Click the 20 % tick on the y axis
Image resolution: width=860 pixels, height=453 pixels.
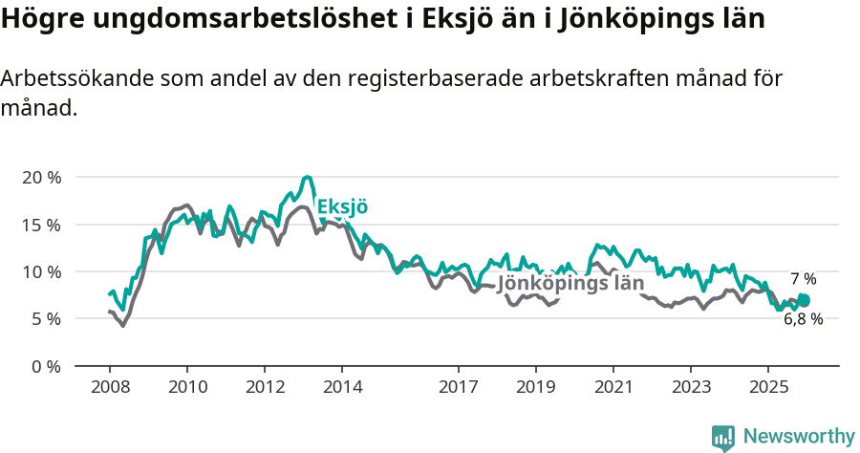[x=40, y=178]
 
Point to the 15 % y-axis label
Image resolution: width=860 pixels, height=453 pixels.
[x=40, y=225]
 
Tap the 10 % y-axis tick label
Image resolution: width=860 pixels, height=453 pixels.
[x=40, y=271]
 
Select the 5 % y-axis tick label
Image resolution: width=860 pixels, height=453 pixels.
[x=45, y=318]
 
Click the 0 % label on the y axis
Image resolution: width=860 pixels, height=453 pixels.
[x=45, y=365]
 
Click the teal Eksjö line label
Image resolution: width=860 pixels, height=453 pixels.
[x=342, y=207]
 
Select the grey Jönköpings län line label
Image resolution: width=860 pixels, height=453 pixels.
[x=570, y=284]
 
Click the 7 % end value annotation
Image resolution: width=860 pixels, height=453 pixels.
[x=803, y=279]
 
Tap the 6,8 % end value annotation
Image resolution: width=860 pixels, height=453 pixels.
[x=803, y=319]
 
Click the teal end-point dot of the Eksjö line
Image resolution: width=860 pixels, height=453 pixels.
[x=804, y=300]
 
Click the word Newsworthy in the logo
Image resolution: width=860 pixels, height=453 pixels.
[x=798, y=437]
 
